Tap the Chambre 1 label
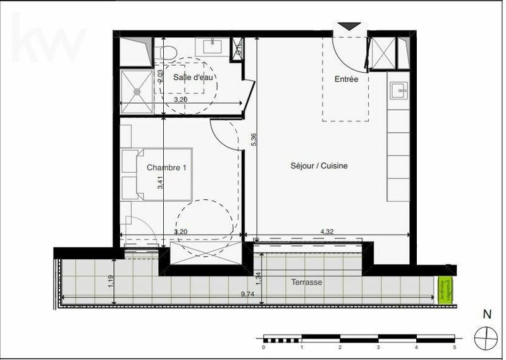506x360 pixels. tap(166, 168)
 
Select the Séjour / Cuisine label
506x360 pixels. tap(319, 166)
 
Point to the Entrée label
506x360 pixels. tap(346, 79)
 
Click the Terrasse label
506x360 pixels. tap(307, 283)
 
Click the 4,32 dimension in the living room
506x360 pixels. tap(327, 232)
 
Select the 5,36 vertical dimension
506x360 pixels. tap(254, 140)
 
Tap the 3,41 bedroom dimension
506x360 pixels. tap(161, 182)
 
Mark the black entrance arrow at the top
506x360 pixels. tap(348, 26)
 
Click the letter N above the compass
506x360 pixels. tap(486, 314)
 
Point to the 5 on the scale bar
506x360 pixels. tap(454, 347)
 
